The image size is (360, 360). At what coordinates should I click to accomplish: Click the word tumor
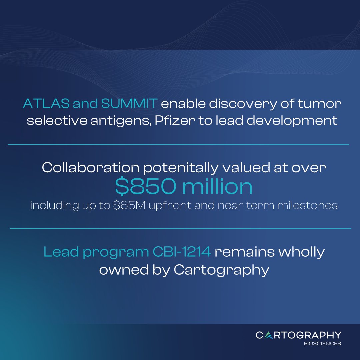(320, 104)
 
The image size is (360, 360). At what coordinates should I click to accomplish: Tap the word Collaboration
(90, 168)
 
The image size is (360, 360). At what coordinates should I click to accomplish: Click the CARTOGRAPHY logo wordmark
(298, 335)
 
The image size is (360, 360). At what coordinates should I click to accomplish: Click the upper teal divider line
(178, 144)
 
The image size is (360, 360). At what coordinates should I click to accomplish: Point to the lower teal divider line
(180, 228)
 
